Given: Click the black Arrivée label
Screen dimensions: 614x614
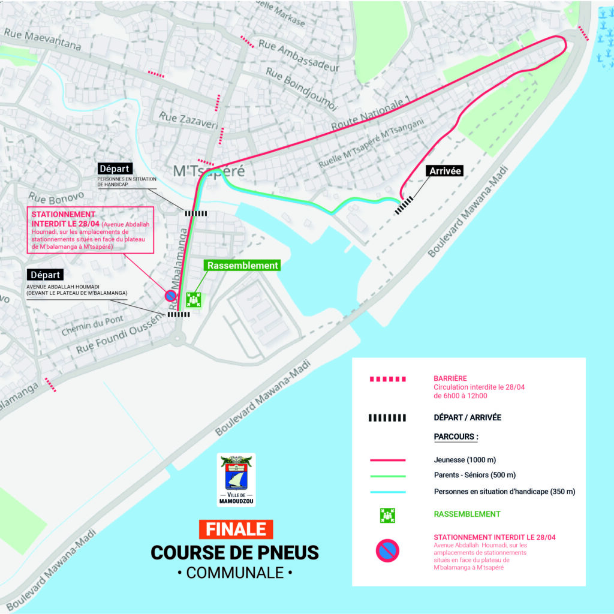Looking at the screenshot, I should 445,171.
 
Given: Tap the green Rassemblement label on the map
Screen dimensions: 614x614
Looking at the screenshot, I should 242,265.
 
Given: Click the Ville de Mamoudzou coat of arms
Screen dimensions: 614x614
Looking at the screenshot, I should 236,479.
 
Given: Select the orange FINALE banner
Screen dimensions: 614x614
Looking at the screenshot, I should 236,529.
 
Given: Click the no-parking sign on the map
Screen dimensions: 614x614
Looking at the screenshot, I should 170,296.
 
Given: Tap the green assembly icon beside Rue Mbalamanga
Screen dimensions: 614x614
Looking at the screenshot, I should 192,299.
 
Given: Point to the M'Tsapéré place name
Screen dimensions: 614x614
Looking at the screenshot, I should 209,171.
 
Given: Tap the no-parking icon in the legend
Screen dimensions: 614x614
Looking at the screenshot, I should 387,550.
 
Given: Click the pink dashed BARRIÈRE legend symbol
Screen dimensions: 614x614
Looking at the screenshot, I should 387,379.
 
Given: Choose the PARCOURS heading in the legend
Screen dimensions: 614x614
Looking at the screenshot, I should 456,437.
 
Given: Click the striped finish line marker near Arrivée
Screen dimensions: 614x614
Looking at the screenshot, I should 404,204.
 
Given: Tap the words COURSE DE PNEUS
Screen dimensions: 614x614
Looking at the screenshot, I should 235,552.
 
